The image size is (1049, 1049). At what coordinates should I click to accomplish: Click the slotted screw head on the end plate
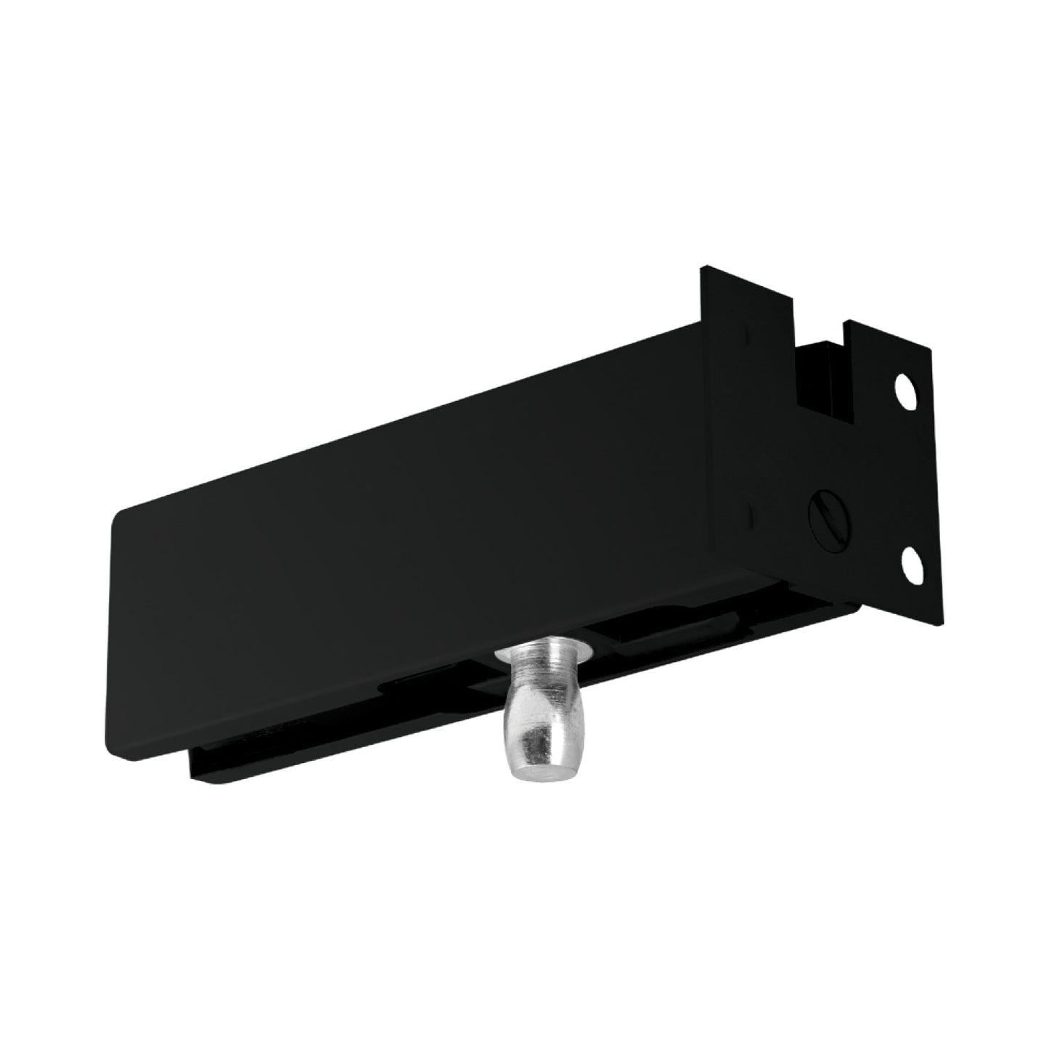[x=827, y=515]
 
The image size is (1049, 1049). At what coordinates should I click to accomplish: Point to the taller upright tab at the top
[x=748, y=305]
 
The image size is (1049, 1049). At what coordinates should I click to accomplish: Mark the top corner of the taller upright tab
[x=702, y=269]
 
